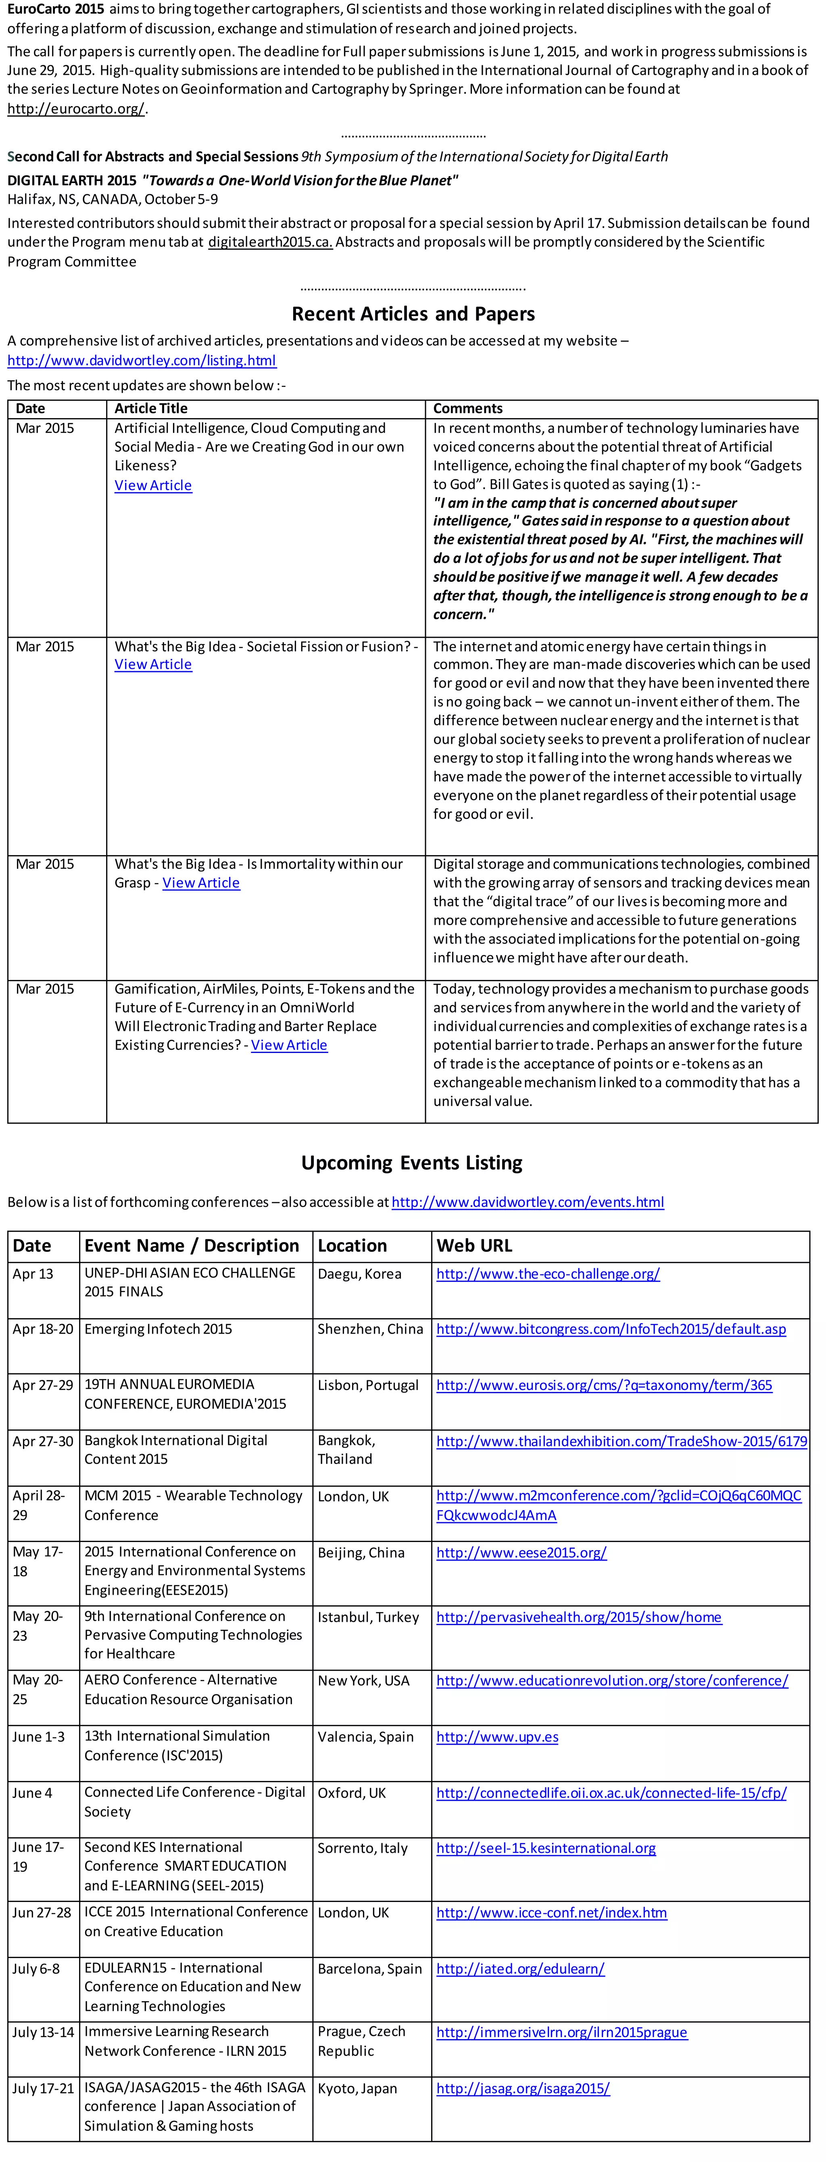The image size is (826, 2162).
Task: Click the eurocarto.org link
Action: pos(75,108)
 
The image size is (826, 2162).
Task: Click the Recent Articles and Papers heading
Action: pos(413,314)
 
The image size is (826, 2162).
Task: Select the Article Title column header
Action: pos(151,409)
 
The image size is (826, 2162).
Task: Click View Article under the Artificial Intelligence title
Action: pos(153,485)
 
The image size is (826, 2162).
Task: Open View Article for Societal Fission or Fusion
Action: pos(153,665)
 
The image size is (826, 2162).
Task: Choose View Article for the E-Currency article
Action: pos(289,1045)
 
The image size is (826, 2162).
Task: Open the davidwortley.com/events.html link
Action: pos(527,1202)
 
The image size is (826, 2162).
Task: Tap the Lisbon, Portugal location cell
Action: pos(368,1385)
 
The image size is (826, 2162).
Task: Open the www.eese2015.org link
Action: pos(520,1553)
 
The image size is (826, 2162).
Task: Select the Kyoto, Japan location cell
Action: pos(357,2088)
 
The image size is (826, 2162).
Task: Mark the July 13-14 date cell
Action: pos(43,2032)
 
